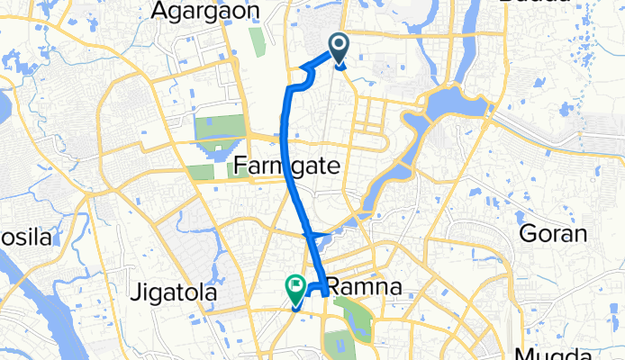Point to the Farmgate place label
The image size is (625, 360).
pos(285,166)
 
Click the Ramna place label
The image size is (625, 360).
pos(360,288)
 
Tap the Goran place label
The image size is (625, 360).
pos(553,236)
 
